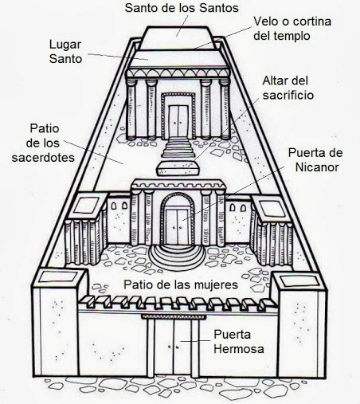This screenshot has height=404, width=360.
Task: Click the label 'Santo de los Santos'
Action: tap(182, 8)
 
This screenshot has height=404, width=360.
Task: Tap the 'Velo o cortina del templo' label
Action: tap(292, 29)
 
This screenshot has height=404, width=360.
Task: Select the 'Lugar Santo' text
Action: tap(65, 52)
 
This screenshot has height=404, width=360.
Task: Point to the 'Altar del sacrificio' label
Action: tap(288, 88)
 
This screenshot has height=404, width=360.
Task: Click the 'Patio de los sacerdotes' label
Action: tap(43, 143)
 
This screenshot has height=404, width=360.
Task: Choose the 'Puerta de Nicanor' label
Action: tap(315, 160)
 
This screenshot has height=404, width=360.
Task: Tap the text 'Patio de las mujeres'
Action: tap(181, 284)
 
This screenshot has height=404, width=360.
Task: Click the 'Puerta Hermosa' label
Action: tap(239, 342)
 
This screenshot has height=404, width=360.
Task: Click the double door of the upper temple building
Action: tap(178, 121)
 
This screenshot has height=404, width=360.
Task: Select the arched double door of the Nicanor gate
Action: tap(178, 226)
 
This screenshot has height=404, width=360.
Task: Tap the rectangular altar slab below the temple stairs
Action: tap(178, 168)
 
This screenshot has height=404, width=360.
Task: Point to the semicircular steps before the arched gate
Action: tap(177, 258)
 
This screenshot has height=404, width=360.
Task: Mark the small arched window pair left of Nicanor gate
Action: tap(119, 206)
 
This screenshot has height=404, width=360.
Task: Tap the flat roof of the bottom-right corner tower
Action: tap(299, 281)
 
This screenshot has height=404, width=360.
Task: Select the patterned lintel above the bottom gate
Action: tap(174, 316)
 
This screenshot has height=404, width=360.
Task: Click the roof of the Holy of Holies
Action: tap(177, 37)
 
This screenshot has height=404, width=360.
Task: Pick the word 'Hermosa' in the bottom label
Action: tap(239, 349)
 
